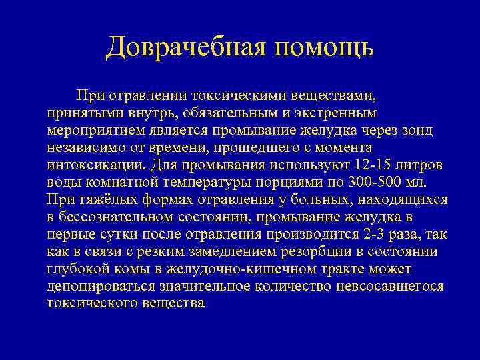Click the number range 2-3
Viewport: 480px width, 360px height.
[x=375, y=235]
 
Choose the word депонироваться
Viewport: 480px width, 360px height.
[x=101, y=287]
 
